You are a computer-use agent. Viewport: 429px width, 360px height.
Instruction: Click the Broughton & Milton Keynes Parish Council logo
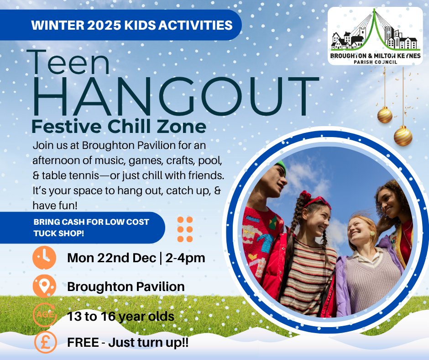tap(375, 37)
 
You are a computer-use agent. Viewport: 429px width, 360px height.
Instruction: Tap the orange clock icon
tap(45, 258)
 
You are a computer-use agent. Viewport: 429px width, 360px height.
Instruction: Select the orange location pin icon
tap(45, 287)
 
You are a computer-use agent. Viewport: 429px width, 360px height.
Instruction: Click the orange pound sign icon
tap(45, 343)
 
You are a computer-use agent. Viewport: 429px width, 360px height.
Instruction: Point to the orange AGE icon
tap(45, 315)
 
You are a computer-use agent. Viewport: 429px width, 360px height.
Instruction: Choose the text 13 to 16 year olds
tap(120, 316)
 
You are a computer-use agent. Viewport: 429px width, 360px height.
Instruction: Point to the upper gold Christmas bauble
tap(385, 115)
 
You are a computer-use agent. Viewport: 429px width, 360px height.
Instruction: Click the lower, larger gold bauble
tap(403, 136)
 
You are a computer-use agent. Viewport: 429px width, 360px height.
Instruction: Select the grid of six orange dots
tap(185, 229)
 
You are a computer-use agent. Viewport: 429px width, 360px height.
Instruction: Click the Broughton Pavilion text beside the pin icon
tap(126, 287)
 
